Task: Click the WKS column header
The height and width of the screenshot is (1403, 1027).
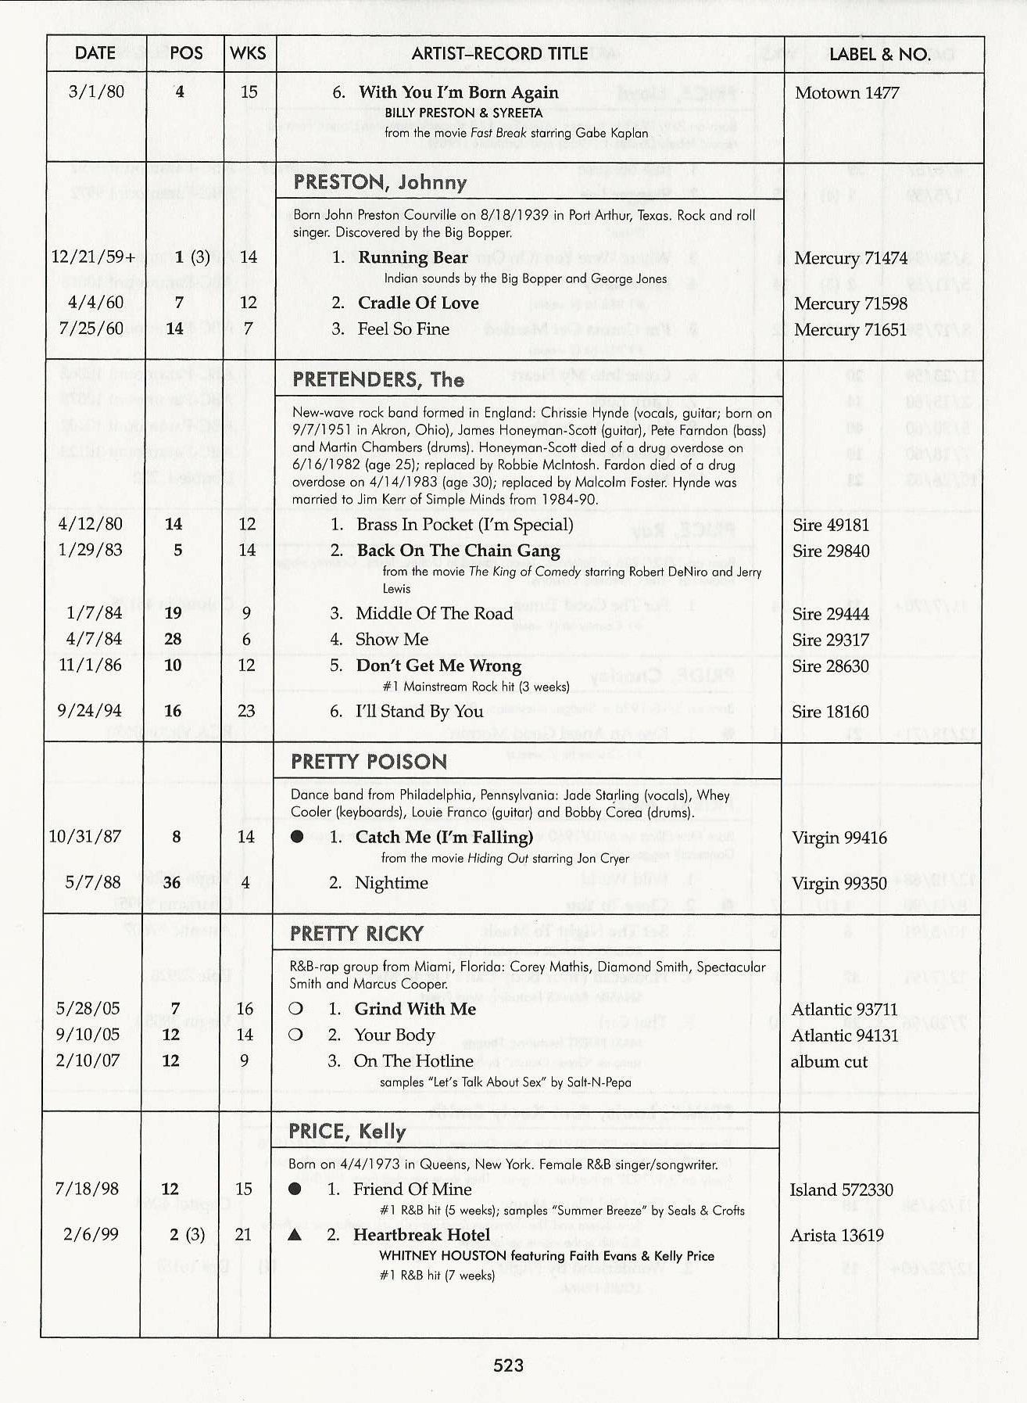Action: click(249, 53)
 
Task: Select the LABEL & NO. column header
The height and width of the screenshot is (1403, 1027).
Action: click(879, 54)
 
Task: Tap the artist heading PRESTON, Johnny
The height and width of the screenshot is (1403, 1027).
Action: click(380, 183)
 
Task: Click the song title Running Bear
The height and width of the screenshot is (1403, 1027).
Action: click(413, 257)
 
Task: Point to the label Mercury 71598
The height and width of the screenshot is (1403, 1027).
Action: click(850, 303)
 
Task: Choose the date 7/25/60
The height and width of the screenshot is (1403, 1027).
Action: click(91, 328)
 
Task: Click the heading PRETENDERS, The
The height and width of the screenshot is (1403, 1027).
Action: click(378, 380)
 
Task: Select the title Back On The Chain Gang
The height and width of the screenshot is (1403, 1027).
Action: click(458, 551)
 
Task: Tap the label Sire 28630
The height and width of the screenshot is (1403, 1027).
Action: click(830, 666)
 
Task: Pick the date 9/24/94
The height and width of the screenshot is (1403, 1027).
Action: click(91, 711)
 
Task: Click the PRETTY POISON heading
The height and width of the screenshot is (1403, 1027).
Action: click(369, 762)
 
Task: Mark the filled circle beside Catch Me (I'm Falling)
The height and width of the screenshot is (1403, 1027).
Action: click(297, 838)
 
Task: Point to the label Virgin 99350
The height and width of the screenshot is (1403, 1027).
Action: click(839, 884)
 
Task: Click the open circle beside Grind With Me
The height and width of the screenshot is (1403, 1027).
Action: click(295, 1010)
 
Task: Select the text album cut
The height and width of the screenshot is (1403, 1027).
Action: click(828, 1062)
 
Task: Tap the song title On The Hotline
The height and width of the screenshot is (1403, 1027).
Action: click(413, 1061)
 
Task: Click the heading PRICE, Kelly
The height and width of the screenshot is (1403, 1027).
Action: click(347, 1132)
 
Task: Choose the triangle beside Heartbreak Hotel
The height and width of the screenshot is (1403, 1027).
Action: click(295, 1236)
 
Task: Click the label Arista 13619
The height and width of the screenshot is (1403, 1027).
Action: click(836, 1236)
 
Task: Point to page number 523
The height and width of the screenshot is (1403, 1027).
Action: click(508, 1366)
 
